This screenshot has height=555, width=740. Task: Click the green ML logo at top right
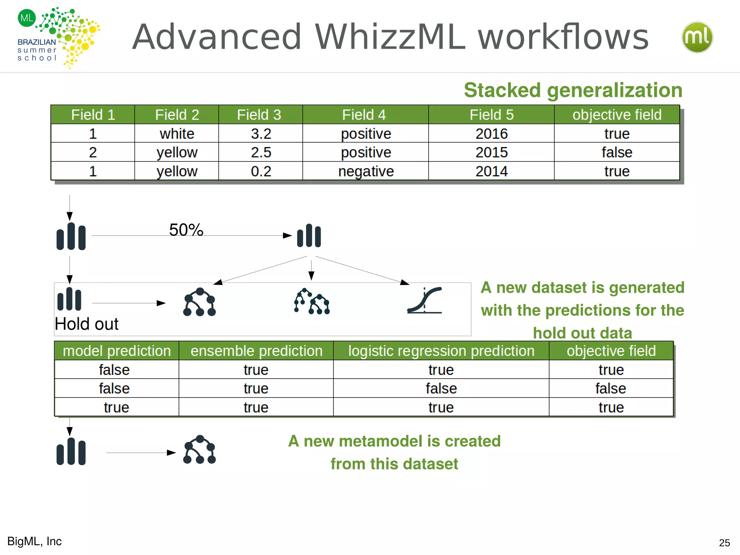[x=697, y=37]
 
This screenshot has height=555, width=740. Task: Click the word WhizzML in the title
[x=390, y=37]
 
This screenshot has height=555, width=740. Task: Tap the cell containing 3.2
[x=261, y=134]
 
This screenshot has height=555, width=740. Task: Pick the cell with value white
[x=177, y=134]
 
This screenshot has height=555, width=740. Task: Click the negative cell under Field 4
[x=366, y=171]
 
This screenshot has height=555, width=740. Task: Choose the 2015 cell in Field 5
[x=491, y=152]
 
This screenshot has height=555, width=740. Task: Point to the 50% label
[x=186, y=230]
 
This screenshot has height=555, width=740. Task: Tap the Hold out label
[x=87, y=324]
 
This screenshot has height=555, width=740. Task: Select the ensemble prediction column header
[x=256, y=351]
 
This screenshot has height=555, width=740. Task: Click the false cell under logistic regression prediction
[x=441, y=388]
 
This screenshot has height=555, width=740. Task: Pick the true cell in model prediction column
[x=116, y=407]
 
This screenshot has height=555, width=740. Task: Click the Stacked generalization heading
[x=573, y=90]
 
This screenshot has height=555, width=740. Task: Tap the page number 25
[x=724, y=543]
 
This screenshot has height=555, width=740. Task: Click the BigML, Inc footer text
[x=35, y=541]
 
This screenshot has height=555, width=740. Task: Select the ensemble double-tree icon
[x=312, y=301]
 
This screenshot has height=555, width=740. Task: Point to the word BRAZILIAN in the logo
[x=36, y=42]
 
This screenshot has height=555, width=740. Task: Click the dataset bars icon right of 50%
[x=309, y=236]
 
